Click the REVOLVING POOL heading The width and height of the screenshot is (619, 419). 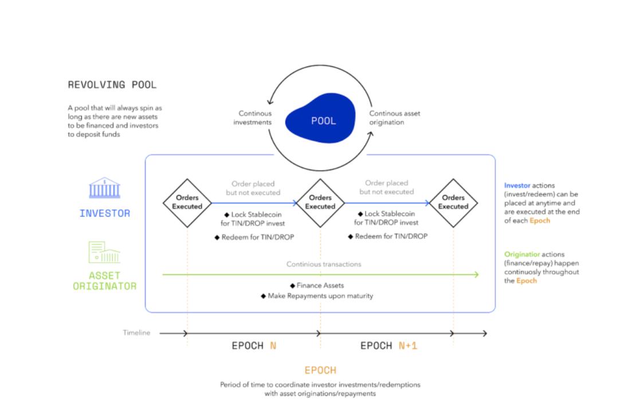tap(112, 85)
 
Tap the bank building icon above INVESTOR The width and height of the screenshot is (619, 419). tap(105, 188)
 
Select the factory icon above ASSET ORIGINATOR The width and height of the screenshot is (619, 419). tap(104, 253)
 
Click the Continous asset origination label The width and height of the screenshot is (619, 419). tap(394, 117)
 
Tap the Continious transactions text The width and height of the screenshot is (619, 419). tap(324, 264)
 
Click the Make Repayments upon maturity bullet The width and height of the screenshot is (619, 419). tap(316, 295)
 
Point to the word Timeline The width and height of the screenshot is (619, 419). tap(136, 333)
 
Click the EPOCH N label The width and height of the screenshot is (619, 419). tap(253, 346)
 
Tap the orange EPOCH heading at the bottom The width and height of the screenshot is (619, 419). tap(320, 370)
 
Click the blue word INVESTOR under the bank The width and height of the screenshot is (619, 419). tap(105, 213)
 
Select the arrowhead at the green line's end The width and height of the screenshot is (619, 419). tap(476, 275)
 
